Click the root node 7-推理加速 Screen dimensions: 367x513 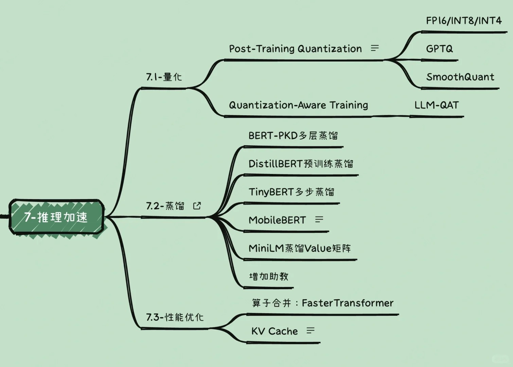(56, 217)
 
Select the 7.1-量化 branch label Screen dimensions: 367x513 (164, 77)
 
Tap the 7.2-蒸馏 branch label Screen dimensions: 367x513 (165, 206)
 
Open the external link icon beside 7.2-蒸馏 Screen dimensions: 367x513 (197, 206)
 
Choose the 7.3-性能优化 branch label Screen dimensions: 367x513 (175, 317)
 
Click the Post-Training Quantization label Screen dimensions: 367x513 (295, 49)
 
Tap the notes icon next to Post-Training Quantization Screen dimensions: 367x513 (375, 48)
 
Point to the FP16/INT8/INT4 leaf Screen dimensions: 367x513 (463, 21)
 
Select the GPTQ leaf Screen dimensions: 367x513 (439, 49)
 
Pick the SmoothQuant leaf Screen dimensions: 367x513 (460, 77)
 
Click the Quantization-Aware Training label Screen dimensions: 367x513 (298, 105)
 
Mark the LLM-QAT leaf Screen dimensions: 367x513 (436, 105)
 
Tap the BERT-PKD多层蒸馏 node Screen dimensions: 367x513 (293, 136)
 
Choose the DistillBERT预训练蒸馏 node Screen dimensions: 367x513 (301, 164)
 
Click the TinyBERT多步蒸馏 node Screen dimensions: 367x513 (291, 192)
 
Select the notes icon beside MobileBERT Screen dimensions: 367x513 (319, 220)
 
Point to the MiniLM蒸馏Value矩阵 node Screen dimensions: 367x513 (300, 248)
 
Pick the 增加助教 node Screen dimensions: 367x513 (268, 276)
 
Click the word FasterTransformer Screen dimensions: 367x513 (347, 303)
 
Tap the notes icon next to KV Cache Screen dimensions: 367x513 (311, 331)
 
